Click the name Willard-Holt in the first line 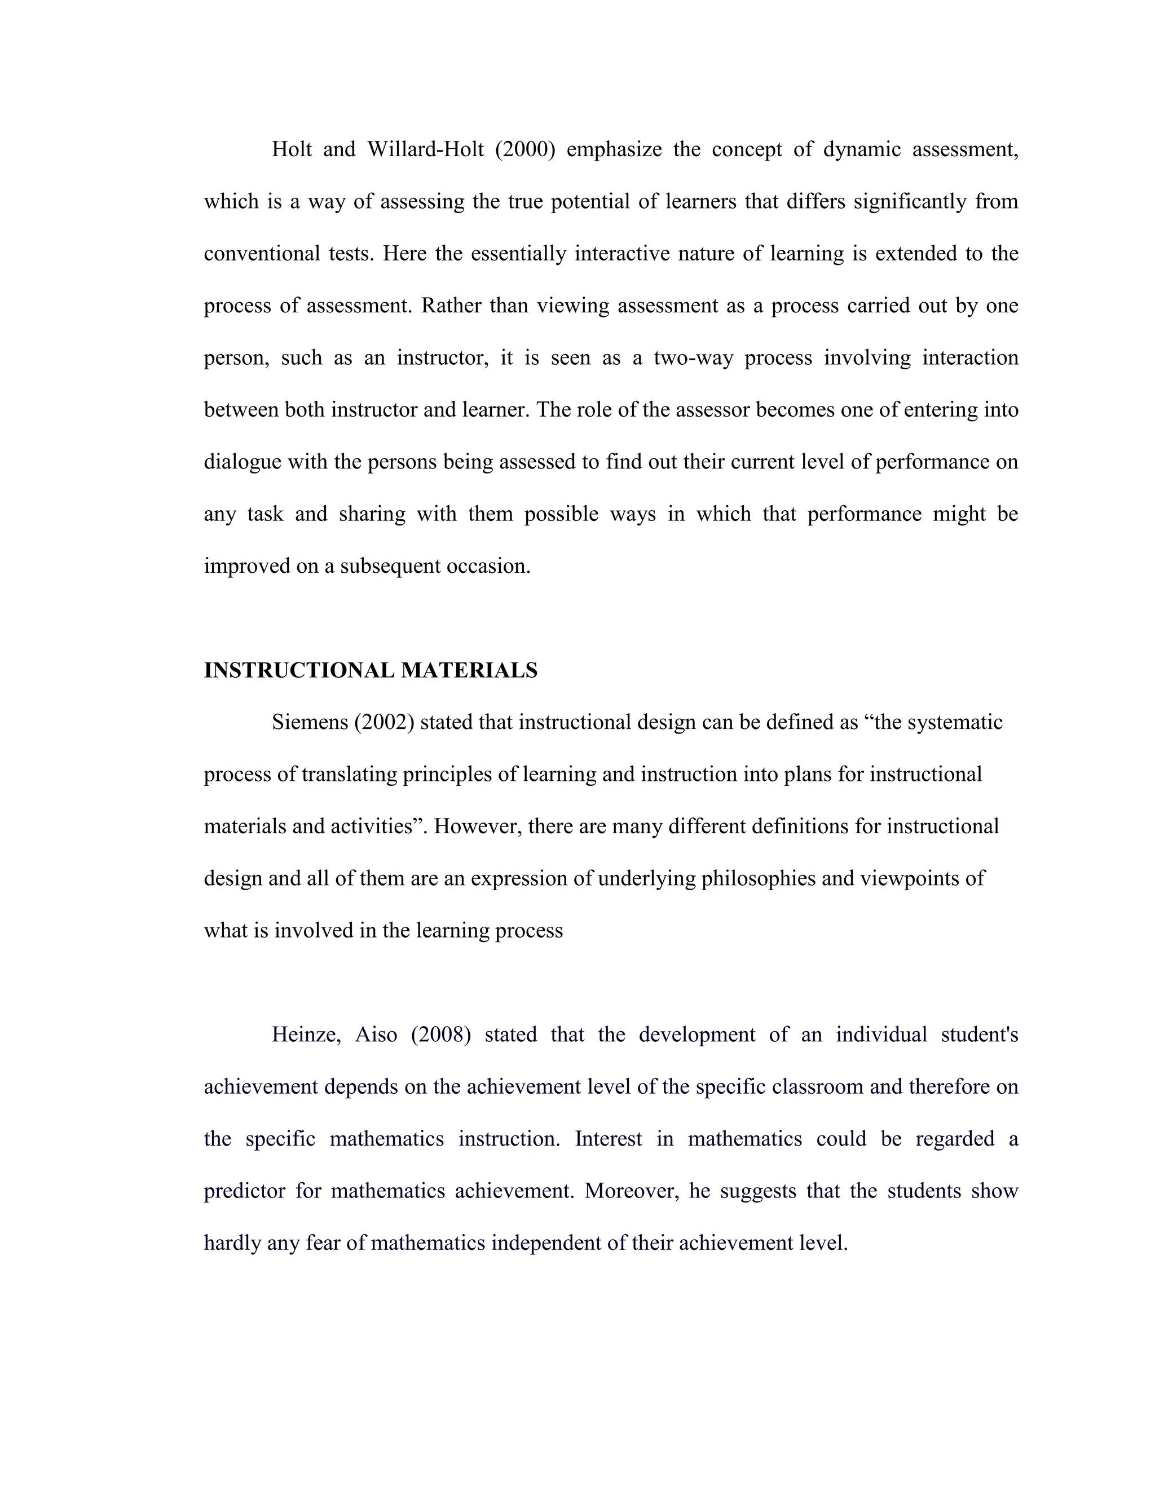426,149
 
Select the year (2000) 525,149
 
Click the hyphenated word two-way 693,358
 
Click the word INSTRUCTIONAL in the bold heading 299,670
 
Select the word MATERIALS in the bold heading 469,670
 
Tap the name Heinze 306,1035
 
